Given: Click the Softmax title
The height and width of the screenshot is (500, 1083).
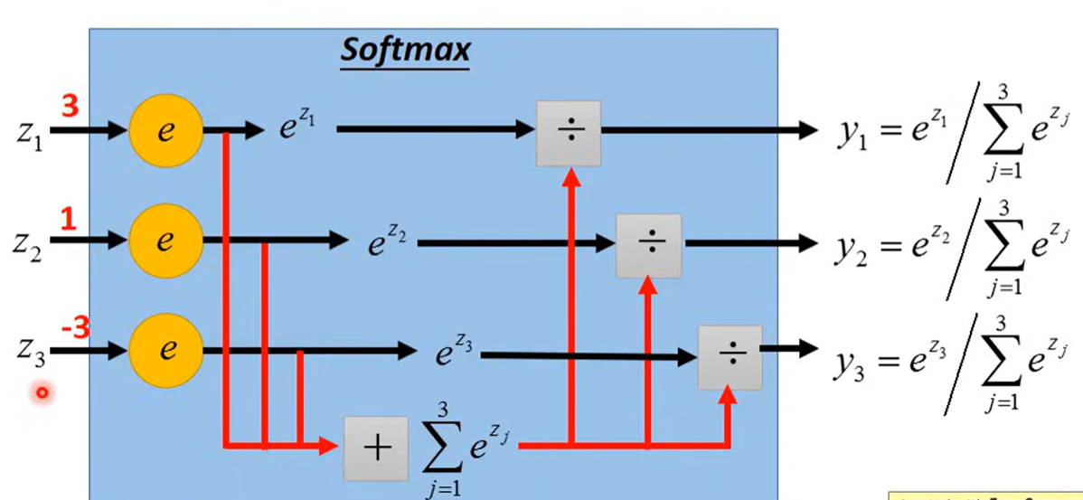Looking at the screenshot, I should coord(405,52).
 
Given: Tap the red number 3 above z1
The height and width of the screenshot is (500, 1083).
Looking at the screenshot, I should coord(71,108).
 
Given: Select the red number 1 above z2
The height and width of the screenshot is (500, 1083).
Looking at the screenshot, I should coord(67,218).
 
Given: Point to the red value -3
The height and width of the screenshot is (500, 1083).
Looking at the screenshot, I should coord(75,328).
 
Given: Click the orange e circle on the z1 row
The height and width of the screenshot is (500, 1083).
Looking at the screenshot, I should coord(165,131).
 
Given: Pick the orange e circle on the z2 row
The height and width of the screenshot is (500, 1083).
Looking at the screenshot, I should coord(165,241).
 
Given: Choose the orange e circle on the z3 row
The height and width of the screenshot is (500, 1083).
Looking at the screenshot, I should coord(165,351).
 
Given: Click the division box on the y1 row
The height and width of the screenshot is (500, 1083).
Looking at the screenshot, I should coord(569,133).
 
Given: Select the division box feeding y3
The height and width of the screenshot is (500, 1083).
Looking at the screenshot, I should coord(730,356).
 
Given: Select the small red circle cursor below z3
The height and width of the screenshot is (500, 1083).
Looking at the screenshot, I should coord(41,393).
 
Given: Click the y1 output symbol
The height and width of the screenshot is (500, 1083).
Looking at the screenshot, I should coord(852,136).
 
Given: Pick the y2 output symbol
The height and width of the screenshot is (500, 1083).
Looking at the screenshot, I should coord(850,248).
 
